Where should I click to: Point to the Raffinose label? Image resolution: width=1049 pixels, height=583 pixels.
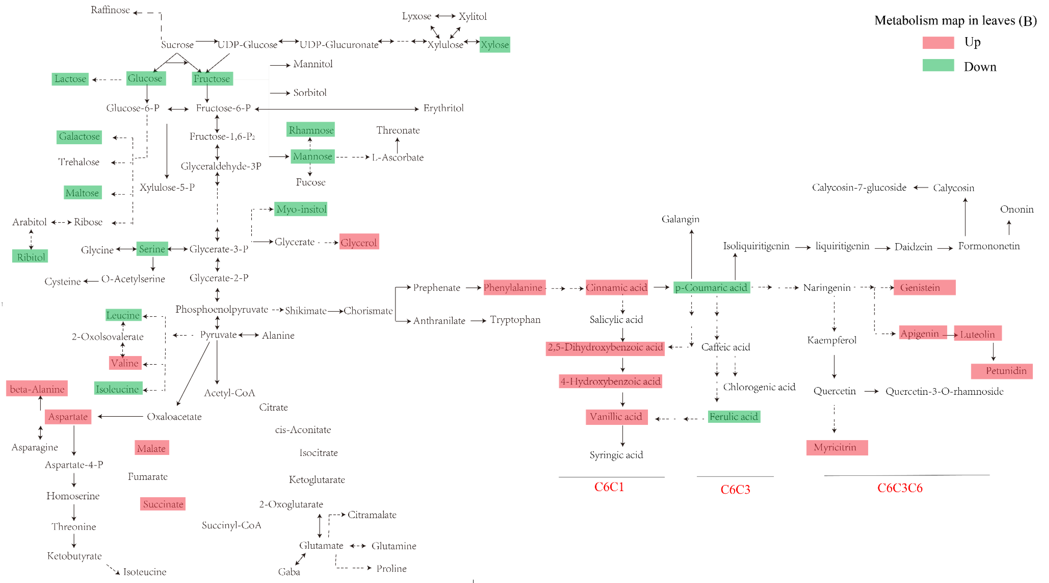pos(110,10)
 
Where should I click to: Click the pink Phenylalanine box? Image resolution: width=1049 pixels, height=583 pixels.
pos(514,287)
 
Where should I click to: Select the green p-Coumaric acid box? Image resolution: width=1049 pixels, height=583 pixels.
pos(711,287)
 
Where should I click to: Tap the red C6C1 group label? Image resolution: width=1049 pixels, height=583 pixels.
pos(609,487)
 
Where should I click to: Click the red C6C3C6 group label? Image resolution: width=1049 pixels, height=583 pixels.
pos(900,488)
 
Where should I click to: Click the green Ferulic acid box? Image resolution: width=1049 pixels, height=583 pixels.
pos(734,417)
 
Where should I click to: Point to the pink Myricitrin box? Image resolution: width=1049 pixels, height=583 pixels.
pos(836,447)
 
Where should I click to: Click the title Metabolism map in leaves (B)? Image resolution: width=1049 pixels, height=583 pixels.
pos(955,20)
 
